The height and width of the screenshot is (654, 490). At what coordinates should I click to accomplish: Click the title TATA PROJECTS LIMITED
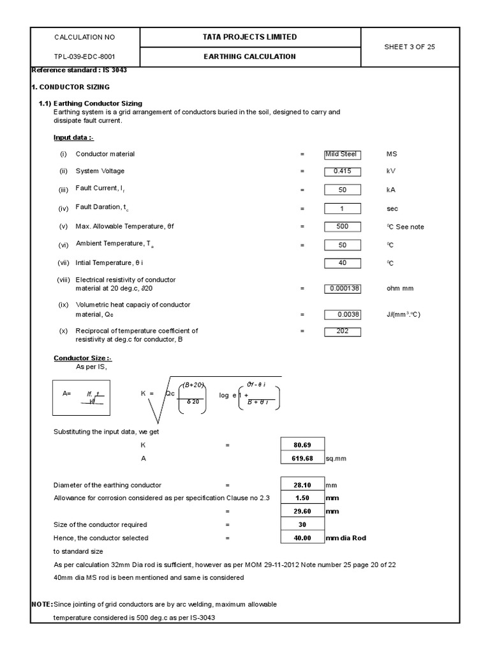point(249,37)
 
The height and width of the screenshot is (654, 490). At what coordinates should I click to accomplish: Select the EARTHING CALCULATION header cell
point(249,57)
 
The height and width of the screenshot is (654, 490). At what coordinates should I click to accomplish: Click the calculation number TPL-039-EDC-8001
point(85,57)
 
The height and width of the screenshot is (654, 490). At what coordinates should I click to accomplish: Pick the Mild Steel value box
point(343,154)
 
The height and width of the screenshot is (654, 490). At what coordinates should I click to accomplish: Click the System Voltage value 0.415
point(343,171)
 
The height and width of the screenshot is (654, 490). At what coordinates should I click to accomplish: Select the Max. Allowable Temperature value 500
point(343,227)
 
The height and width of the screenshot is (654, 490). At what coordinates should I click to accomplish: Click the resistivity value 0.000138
point(343,289)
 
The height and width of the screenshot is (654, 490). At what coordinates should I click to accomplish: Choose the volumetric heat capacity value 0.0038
point(343,314)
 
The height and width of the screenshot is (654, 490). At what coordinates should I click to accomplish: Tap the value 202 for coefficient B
point(343,331)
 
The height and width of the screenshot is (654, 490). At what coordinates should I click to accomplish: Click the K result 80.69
point(302,445)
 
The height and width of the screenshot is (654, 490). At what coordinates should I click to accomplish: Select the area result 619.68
point(302,459)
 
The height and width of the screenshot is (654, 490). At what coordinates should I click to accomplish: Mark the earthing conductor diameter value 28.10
point(302,485)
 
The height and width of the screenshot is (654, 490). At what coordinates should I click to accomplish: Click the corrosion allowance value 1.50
point(302,498)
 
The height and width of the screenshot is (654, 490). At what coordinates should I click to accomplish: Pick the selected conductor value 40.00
point(302,538)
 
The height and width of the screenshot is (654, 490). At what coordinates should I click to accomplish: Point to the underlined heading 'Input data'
point(74,137)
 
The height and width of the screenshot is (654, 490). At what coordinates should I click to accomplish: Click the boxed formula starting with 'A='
point(82,397)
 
